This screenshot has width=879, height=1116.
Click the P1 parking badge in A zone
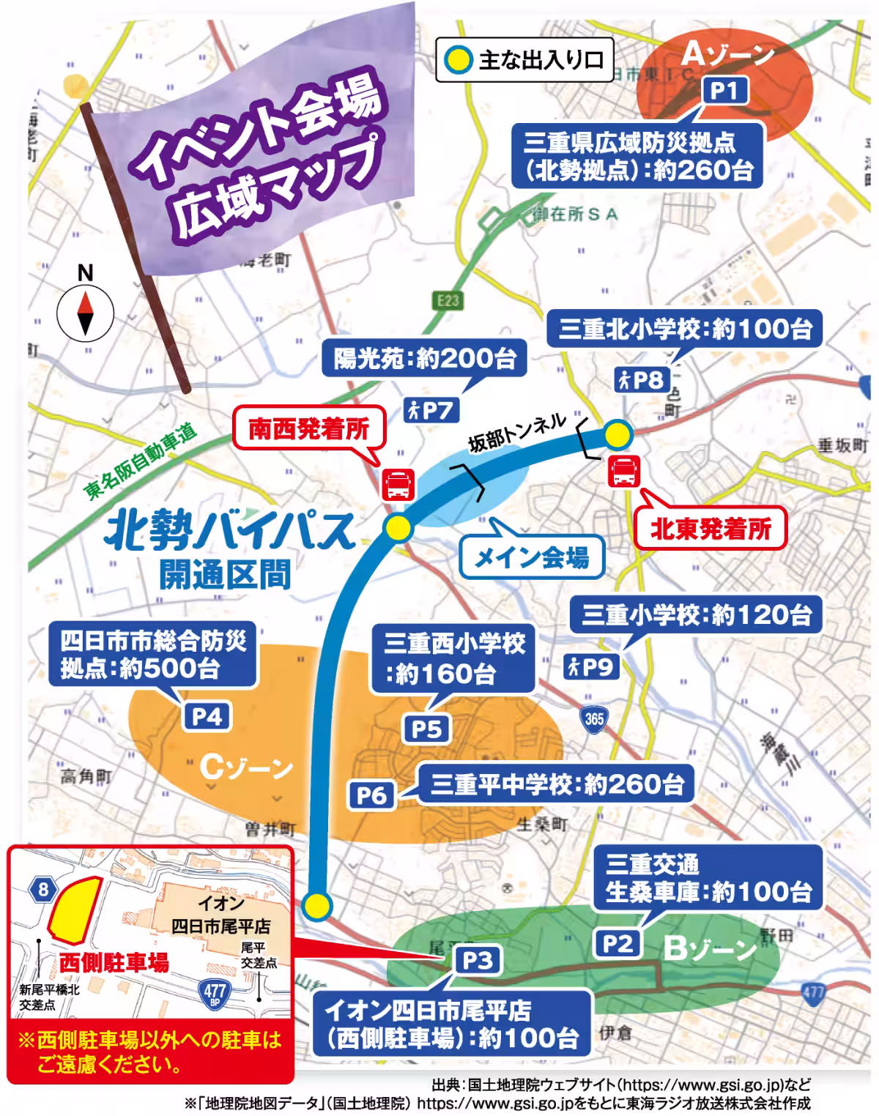point(724,90)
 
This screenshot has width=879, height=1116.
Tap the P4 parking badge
point(207,716)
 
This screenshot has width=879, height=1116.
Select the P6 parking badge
point(371,795)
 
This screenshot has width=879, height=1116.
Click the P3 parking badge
point(477,960)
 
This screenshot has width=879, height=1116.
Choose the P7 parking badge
point(431,410)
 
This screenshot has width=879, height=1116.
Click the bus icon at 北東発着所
point(625,471)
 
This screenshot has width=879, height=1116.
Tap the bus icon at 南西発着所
point(398,484)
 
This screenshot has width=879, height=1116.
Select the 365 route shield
point(594,718)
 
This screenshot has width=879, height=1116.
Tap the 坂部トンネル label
point(517,432)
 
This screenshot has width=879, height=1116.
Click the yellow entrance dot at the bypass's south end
point(317,906)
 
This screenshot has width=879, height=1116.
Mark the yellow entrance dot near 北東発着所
point(617,435)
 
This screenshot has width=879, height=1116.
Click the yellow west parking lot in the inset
point(74,907)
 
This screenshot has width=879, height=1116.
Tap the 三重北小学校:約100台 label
point(686,329)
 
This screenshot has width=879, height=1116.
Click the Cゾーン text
point(246,767)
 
